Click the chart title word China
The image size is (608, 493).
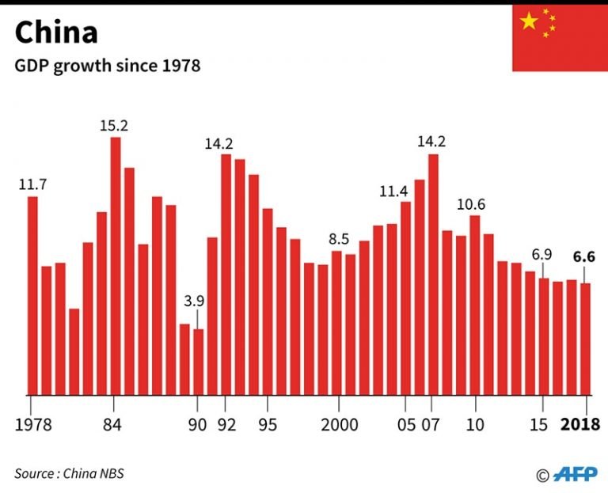56,32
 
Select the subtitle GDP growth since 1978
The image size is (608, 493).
107,66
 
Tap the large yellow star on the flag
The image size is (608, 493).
529,21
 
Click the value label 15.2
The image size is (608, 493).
114,125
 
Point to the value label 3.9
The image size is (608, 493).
194,301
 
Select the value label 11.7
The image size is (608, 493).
32,184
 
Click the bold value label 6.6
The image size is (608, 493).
585,256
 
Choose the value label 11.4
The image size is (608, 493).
393,191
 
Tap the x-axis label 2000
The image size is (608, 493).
338,424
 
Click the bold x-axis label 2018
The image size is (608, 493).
580,424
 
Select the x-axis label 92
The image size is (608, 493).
226,424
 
